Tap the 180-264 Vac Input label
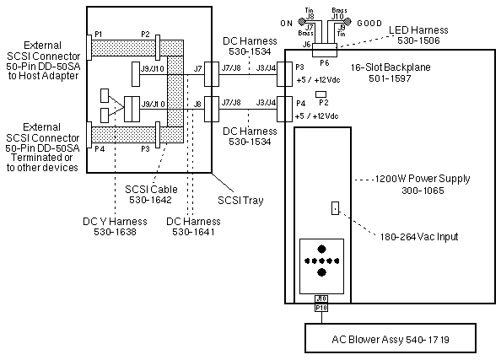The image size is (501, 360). pyautogui.click(x=419, y=237)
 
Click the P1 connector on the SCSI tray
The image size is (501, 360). pyautogui.click(x=89, y=46)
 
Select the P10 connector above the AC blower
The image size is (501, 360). pyautogui.click(x=321, y=308)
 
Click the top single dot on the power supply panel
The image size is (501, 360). pyautogui.click(x=321, y=250)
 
